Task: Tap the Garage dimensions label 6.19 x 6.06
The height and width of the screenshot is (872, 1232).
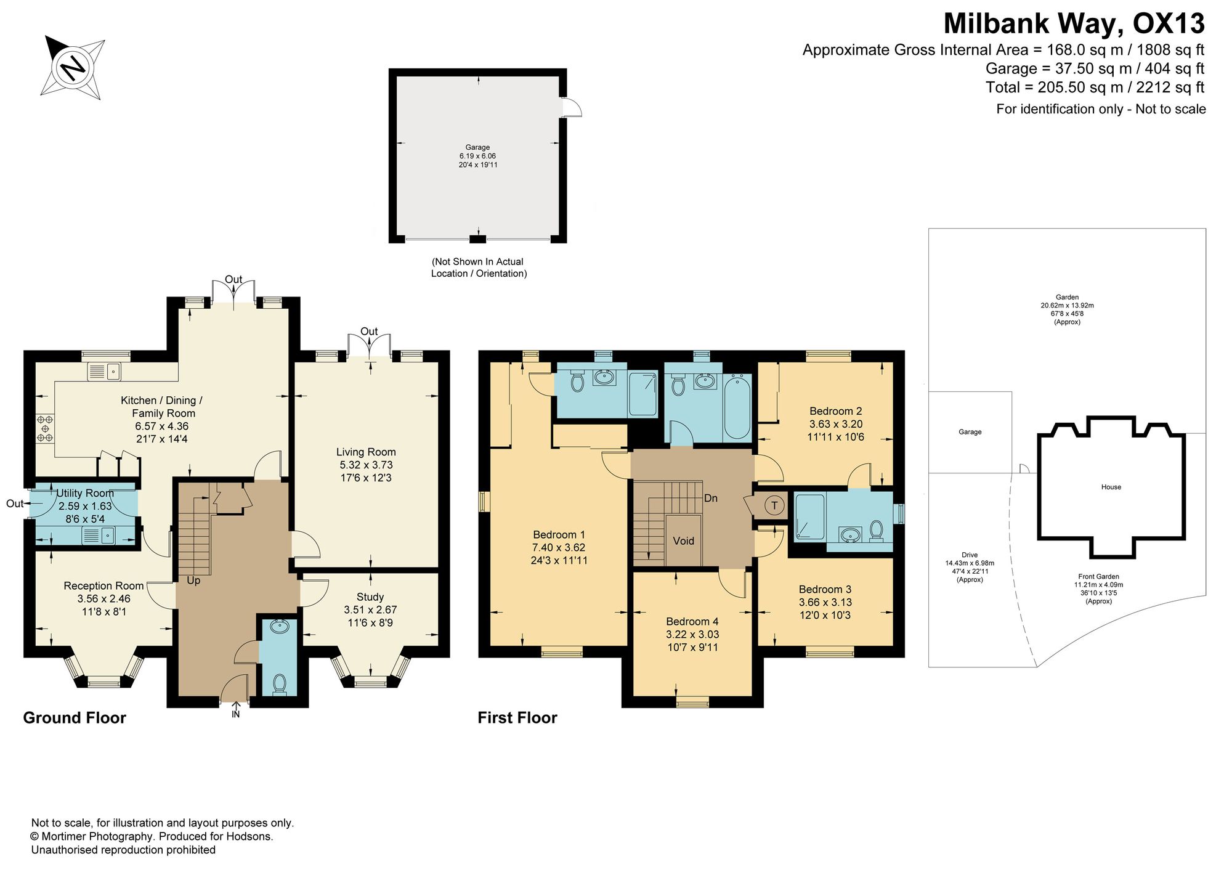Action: point(477,157)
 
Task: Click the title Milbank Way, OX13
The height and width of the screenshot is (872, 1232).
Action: point(1074,24)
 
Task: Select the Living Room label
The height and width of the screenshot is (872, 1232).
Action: point(366,452)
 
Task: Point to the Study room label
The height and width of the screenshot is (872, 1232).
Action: point(370,597)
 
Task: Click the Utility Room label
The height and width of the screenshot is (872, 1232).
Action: point(85,493)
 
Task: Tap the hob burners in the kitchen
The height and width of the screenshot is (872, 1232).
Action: point(45,429)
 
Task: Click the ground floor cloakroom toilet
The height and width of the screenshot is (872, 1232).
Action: point(280,683)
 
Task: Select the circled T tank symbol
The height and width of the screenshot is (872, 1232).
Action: point(774,506)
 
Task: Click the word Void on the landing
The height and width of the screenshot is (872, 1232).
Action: point(683,541)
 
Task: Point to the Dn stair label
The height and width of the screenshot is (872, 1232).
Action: point(711,498)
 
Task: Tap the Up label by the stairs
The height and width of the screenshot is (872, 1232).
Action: point(193,581)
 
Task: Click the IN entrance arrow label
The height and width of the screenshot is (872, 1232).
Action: point(235,714)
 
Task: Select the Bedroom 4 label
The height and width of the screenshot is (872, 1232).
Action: point(692,621)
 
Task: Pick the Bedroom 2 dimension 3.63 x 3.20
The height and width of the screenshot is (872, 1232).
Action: point(835,424)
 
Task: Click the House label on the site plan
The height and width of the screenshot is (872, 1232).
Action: point(1111,487)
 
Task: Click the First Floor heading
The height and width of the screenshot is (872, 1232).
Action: point(517,718)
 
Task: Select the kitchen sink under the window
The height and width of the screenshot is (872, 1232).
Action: point(105,372)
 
